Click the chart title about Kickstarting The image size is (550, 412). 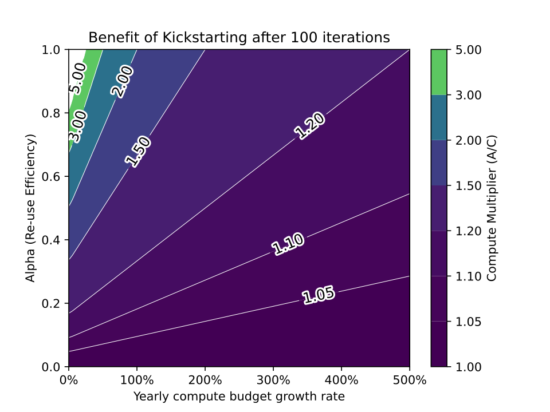239,38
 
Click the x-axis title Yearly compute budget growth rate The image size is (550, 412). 239,396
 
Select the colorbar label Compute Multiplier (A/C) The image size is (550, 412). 492,208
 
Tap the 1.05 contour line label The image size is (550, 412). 318,295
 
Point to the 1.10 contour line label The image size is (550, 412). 288,244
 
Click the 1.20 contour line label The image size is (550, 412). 310,126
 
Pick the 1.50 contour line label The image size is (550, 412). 137,152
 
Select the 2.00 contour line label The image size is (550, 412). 122,81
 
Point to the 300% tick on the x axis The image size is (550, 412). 273,379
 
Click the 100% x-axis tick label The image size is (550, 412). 137,379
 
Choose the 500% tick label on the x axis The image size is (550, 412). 410,379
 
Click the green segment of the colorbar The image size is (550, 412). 440,72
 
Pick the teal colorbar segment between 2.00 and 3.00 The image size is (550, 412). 440,117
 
